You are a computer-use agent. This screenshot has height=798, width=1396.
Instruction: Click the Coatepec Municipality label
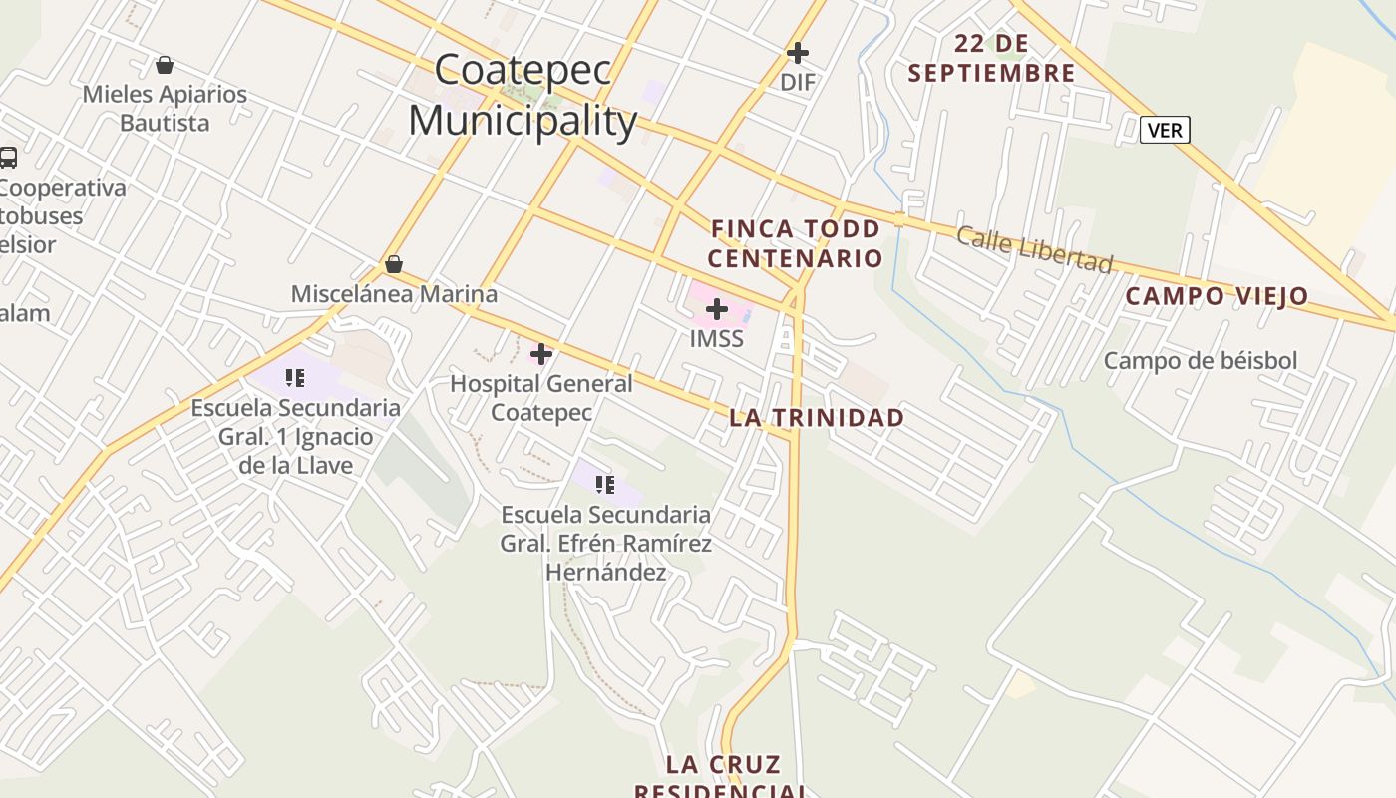[x=523, y=96]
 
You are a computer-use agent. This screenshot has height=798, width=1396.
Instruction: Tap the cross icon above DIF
[x=798, y=53]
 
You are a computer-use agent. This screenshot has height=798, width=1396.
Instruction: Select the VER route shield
[x=1165, y=130]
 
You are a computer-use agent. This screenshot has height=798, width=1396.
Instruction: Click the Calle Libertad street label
[x=1034, y=248]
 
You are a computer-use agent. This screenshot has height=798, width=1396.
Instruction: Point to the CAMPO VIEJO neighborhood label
[x=1217, y=296]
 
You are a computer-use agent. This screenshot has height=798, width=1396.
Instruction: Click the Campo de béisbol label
[x=1201, y=361]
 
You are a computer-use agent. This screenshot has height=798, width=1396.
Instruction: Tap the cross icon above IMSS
[x=717, y=309]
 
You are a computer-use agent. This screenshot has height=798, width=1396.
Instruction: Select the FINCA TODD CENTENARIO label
[x=796, y=244]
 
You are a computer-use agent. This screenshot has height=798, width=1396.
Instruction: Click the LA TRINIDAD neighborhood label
[x=817, y=418]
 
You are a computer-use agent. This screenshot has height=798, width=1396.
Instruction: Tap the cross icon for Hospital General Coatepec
[x=541, y=354]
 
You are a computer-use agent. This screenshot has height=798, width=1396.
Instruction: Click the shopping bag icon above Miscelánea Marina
[x=394, y=264]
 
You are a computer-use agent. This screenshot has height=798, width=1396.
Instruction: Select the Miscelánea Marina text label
[x=394, y=294]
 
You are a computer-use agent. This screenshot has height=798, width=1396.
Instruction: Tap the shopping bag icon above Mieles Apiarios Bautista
[x=165, y=65]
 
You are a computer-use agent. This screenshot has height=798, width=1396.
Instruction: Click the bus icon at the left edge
[x=8, y=158]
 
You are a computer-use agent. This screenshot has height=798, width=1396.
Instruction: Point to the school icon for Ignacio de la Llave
[x=294, y=378]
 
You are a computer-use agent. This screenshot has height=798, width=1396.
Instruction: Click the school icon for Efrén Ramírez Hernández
[x=604, y=485]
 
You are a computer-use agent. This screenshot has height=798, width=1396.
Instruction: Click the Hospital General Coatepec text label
[x=541, y=397]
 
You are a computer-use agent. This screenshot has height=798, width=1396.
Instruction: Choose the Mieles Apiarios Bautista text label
[x=165, y=109]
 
